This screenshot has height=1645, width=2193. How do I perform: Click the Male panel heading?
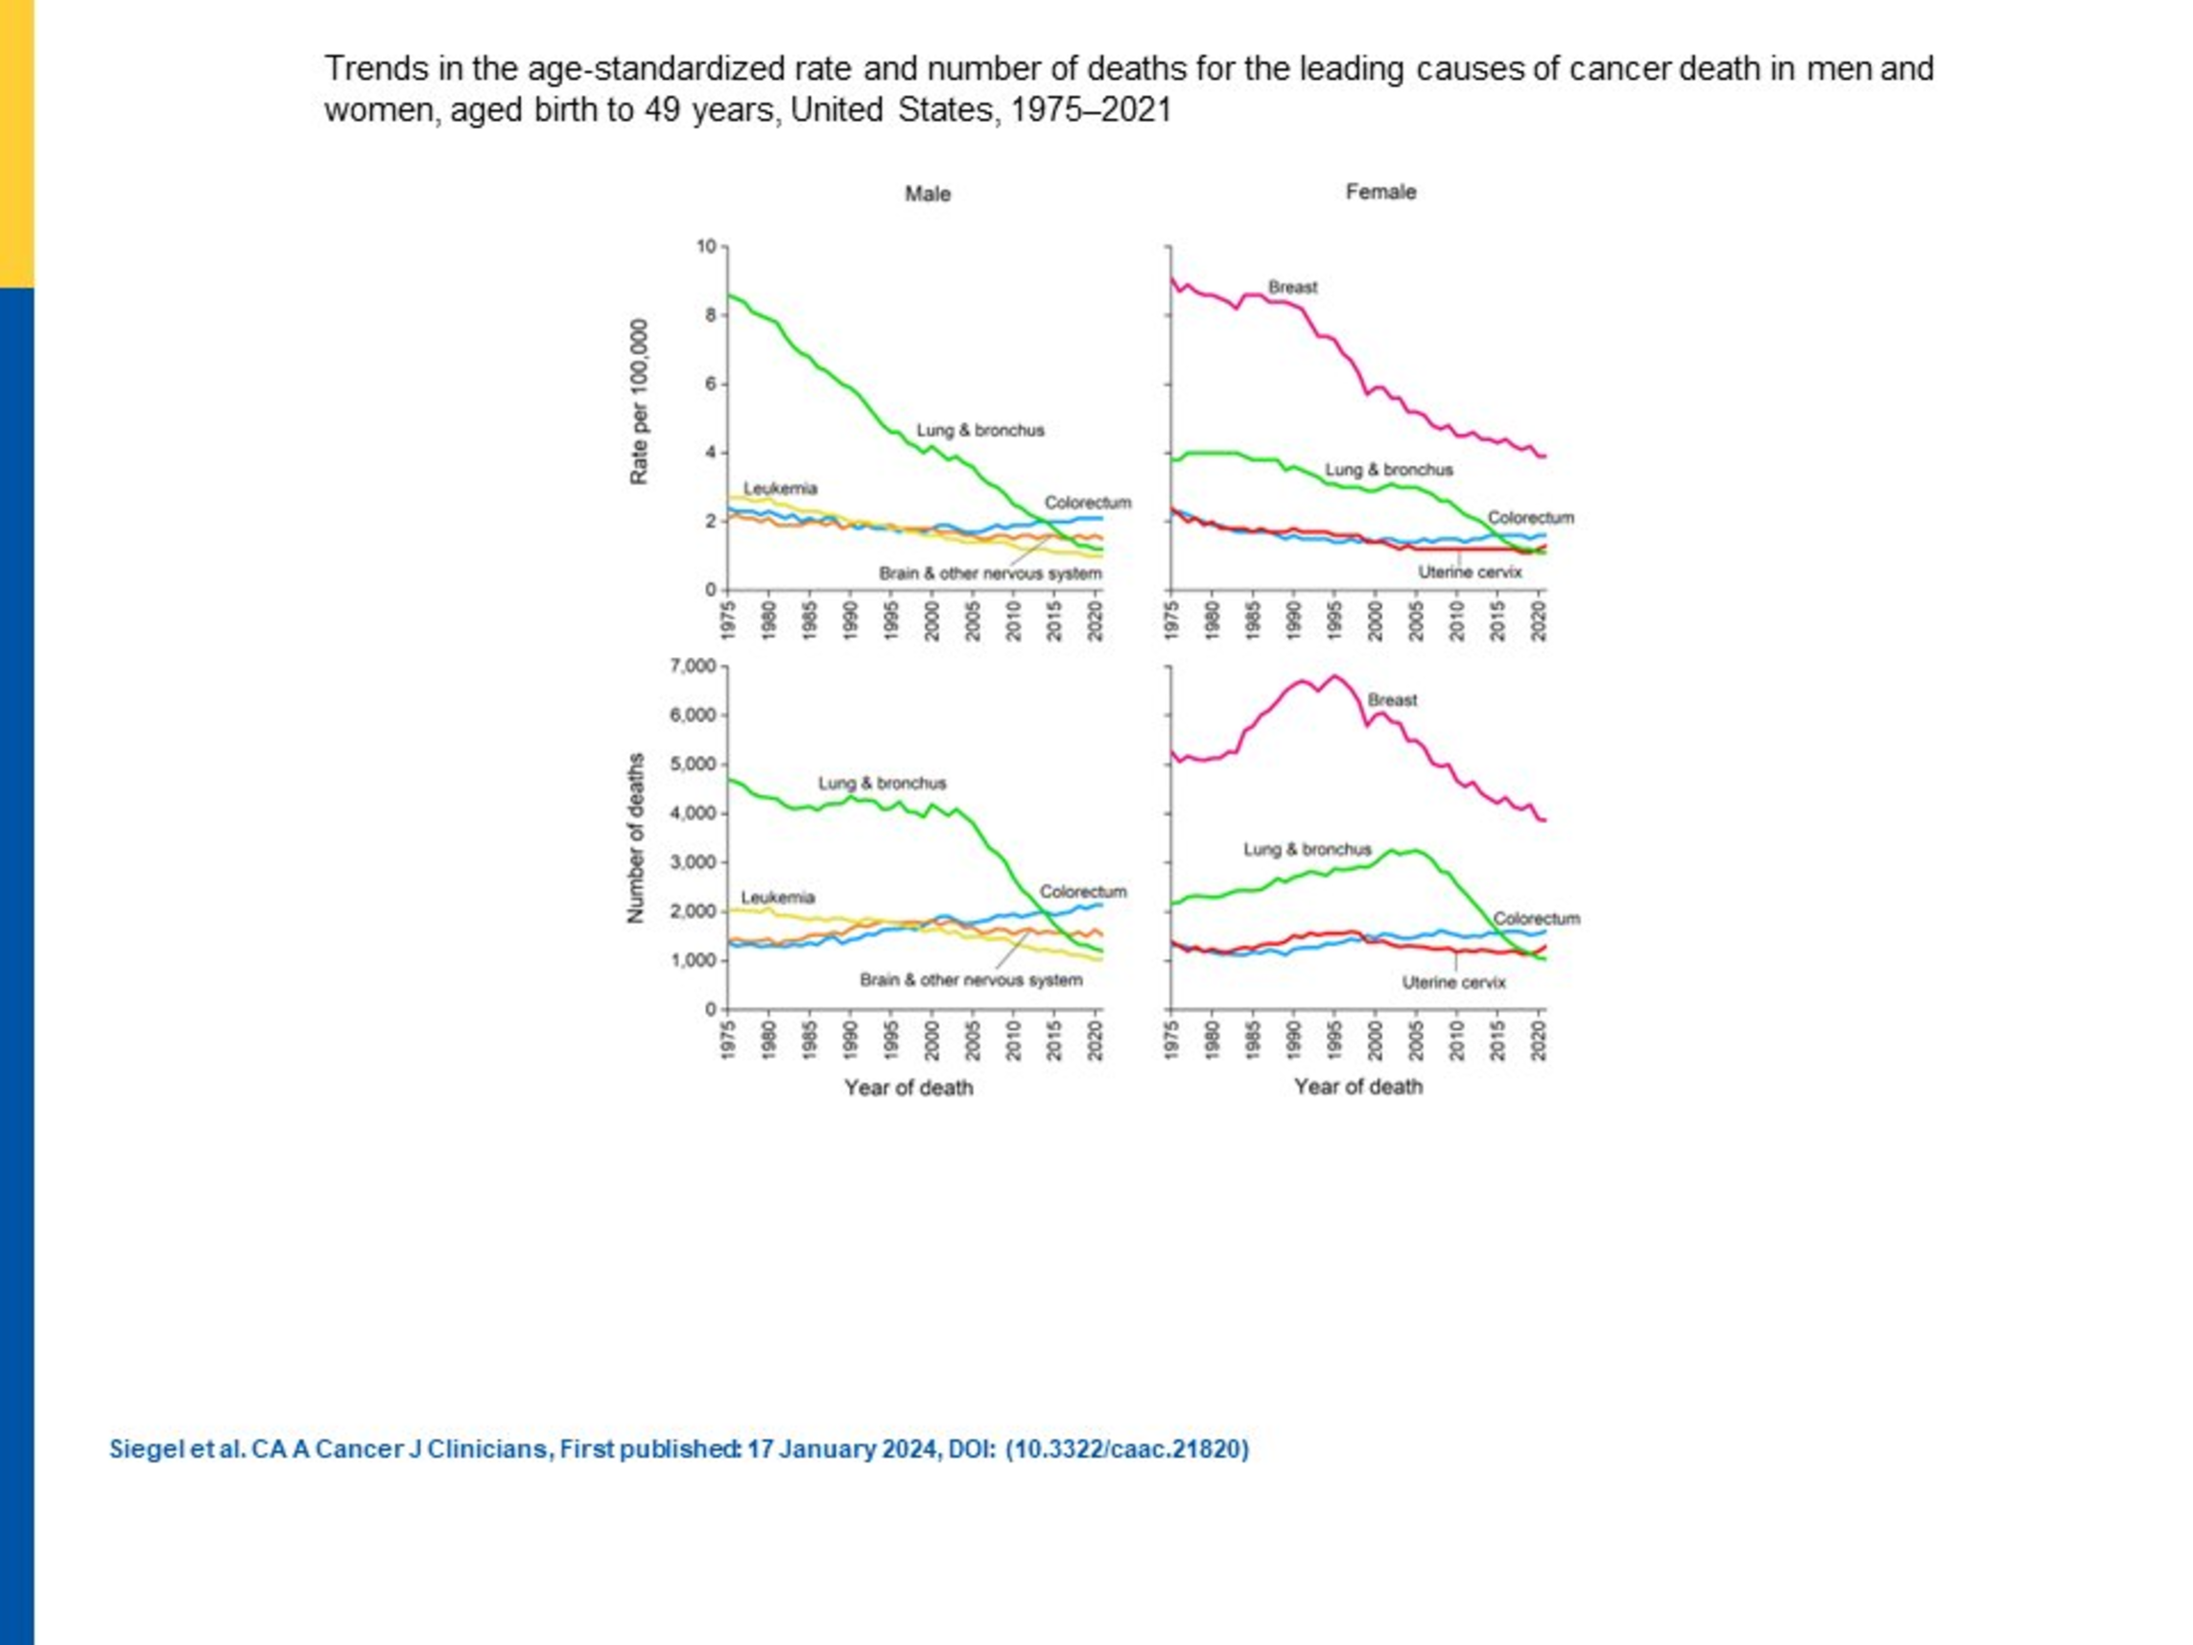[x=927, y=195]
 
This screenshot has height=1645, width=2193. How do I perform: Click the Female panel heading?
[x=1380, y=193]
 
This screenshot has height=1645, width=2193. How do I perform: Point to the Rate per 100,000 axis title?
[x=640, y=402]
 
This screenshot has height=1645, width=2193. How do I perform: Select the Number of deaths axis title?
[x=635, y=839]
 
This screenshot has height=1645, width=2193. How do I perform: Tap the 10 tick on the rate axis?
[x=705, y=246]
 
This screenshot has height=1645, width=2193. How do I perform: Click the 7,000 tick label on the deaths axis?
[x=692, y=667]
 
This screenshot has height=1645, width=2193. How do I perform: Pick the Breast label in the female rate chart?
[x=1293, y=288]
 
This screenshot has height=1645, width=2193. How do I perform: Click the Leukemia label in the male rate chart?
[x=780, y=489]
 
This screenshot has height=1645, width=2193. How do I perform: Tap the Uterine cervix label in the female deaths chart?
[x=1453, y=982]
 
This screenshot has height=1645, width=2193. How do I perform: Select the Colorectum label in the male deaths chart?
[x=1083, y=892]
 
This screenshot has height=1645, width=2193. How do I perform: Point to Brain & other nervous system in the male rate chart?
[x=989, y=575]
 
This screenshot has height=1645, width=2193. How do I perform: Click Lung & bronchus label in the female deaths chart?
[x=1307, y=850]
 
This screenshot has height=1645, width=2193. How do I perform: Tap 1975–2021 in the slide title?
[x=1091, y=109]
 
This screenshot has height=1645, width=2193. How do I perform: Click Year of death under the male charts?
[x=908, y=1088]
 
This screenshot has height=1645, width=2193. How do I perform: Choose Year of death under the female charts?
[x=1357, y=1087]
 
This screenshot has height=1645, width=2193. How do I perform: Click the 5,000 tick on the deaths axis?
[x=692, y=764]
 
